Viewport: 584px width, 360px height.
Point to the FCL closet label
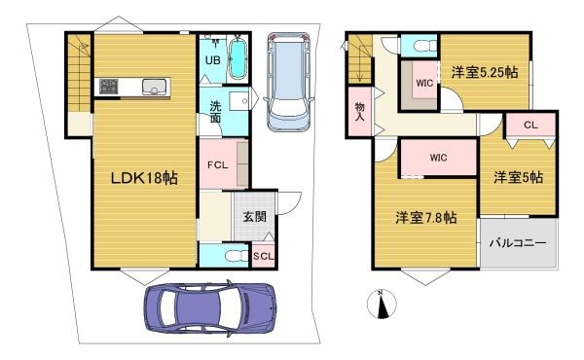pos(217,163)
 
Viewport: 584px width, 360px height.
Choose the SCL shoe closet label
pos(262,256)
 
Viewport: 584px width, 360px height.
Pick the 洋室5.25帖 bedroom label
pos(484,71)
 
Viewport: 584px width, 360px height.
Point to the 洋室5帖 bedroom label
pos(517,177)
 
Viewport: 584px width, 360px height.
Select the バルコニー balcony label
pos(517,242)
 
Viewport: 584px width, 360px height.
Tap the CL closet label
pos(530,125)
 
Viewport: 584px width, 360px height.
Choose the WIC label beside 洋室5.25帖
pos(424,83)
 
